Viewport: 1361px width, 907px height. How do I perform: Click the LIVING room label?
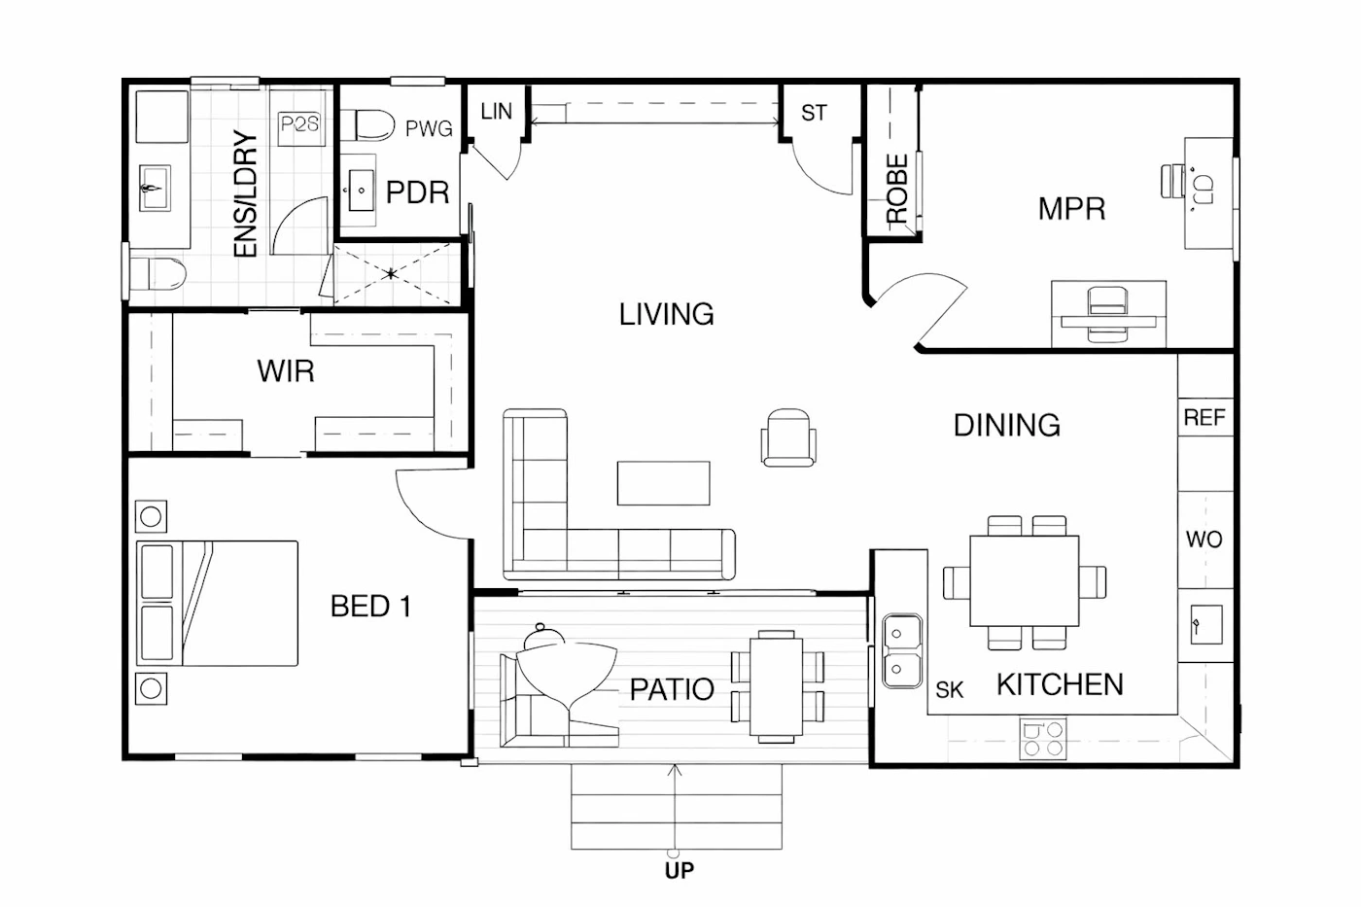(x=667, y=314)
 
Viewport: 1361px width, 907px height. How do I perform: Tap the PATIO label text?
(x=672, y=689)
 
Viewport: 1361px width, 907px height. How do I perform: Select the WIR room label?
(x=286, y=371)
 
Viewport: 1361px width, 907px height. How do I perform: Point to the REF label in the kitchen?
(x=1204, y=417)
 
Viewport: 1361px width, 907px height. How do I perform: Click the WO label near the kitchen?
(x=1204, y=540)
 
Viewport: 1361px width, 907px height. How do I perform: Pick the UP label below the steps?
(x=680, y=871)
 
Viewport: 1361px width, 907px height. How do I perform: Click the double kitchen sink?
(x=902, y=650)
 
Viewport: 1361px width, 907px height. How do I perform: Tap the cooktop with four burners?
(x=1043, y=739)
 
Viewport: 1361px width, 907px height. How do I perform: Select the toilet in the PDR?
(x=367, y=125)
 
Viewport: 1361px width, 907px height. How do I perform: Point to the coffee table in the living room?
(x=663, y=483)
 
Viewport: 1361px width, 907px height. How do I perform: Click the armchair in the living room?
(x=788, y=437)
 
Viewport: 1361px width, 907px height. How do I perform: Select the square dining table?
(x=1025, y=580)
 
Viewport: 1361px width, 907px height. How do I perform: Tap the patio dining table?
(x=777, y=686)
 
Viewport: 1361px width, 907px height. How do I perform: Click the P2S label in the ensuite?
(x=300, y=124)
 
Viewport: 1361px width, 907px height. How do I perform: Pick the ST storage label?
(x=814, y=113)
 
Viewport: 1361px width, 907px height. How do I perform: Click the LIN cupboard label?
(x=496, y=112)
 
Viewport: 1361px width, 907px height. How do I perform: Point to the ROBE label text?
(x=896, y=189)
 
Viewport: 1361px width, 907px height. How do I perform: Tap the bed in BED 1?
(x=217, y=604)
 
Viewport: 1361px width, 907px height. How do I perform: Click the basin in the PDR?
(x=362, y=191)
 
